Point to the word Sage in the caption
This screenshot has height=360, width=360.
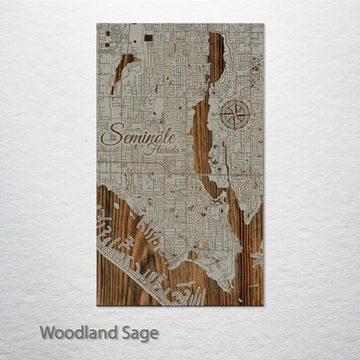[138, 333]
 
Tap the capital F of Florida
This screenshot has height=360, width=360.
[149, 149]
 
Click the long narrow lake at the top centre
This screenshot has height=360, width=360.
[215, 57]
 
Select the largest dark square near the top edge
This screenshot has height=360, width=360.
[148, 37]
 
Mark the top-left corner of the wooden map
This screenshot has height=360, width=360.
[97, 24]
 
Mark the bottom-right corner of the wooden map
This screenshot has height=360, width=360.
[262, 305]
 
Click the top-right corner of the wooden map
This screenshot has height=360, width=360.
[262, 24]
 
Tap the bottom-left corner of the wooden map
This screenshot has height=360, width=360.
[97, 305]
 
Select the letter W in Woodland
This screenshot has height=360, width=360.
[47, 332]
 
